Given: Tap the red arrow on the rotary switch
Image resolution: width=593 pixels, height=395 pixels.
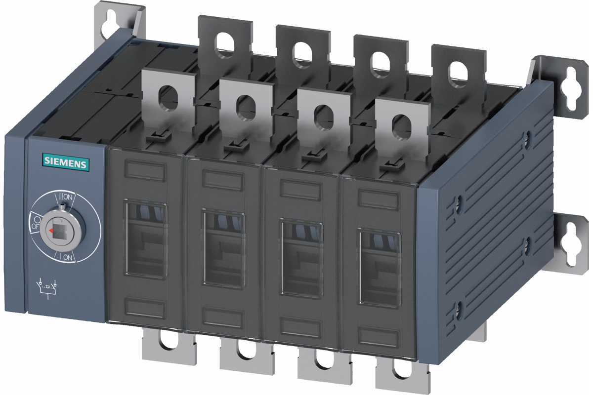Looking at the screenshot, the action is pyautogui.click(x=50, y=231).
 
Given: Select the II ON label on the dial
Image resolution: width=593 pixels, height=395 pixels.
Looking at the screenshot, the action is pyautogui.click(x=65, y=197).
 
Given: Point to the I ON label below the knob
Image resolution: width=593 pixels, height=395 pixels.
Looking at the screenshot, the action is pyautogui.click(x=65, y=257).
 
